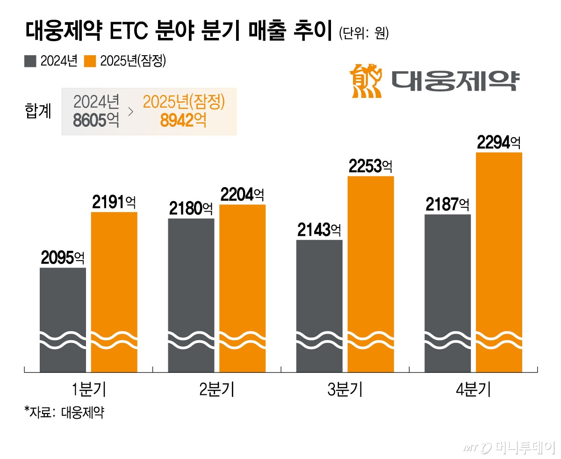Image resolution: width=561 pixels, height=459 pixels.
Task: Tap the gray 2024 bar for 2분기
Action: (x=191, y=295)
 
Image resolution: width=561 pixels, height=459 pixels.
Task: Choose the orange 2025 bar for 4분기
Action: (x=499, y=262)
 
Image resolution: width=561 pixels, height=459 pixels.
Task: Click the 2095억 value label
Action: (x=63, y=258)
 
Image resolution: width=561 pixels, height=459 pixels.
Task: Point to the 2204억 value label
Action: (x=242, y=195)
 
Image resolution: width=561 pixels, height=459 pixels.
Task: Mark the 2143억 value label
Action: (x=319, y=230)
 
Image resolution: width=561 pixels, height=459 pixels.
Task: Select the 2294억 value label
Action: (x=499, y=142)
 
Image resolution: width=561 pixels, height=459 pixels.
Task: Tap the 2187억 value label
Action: (x=447, y=204)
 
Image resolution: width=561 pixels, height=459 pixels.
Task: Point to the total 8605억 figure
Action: (x=96, y=121)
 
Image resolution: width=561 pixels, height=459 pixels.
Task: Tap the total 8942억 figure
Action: (x=183, y=121)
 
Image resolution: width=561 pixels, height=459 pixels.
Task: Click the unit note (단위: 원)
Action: (x=363, y=35)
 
